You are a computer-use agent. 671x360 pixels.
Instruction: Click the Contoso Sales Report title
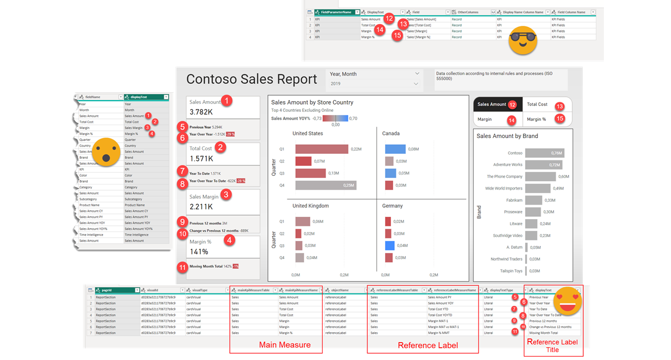pyautogui.click(x=252, y=79)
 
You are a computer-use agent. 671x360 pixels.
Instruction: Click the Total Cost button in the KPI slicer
pyautogui.click(x=537, y=105)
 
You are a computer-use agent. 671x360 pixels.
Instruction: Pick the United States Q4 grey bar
pyautogui.click(x=325, y=186)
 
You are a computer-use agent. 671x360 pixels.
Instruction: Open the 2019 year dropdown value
pyautogui.click(x=335, y=84)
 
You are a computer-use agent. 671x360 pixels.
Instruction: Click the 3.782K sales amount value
pyautogui.click(x=201, y=112)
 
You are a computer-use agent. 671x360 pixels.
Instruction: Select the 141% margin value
pyautogui.click(x=200, y=252)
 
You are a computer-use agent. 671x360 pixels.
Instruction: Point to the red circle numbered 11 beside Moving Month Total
pyautogui.click(x=181, y=267)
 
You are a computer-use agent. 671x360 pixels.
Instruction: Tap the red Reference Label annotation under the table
pyautogui.click(x=428, y=345)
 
